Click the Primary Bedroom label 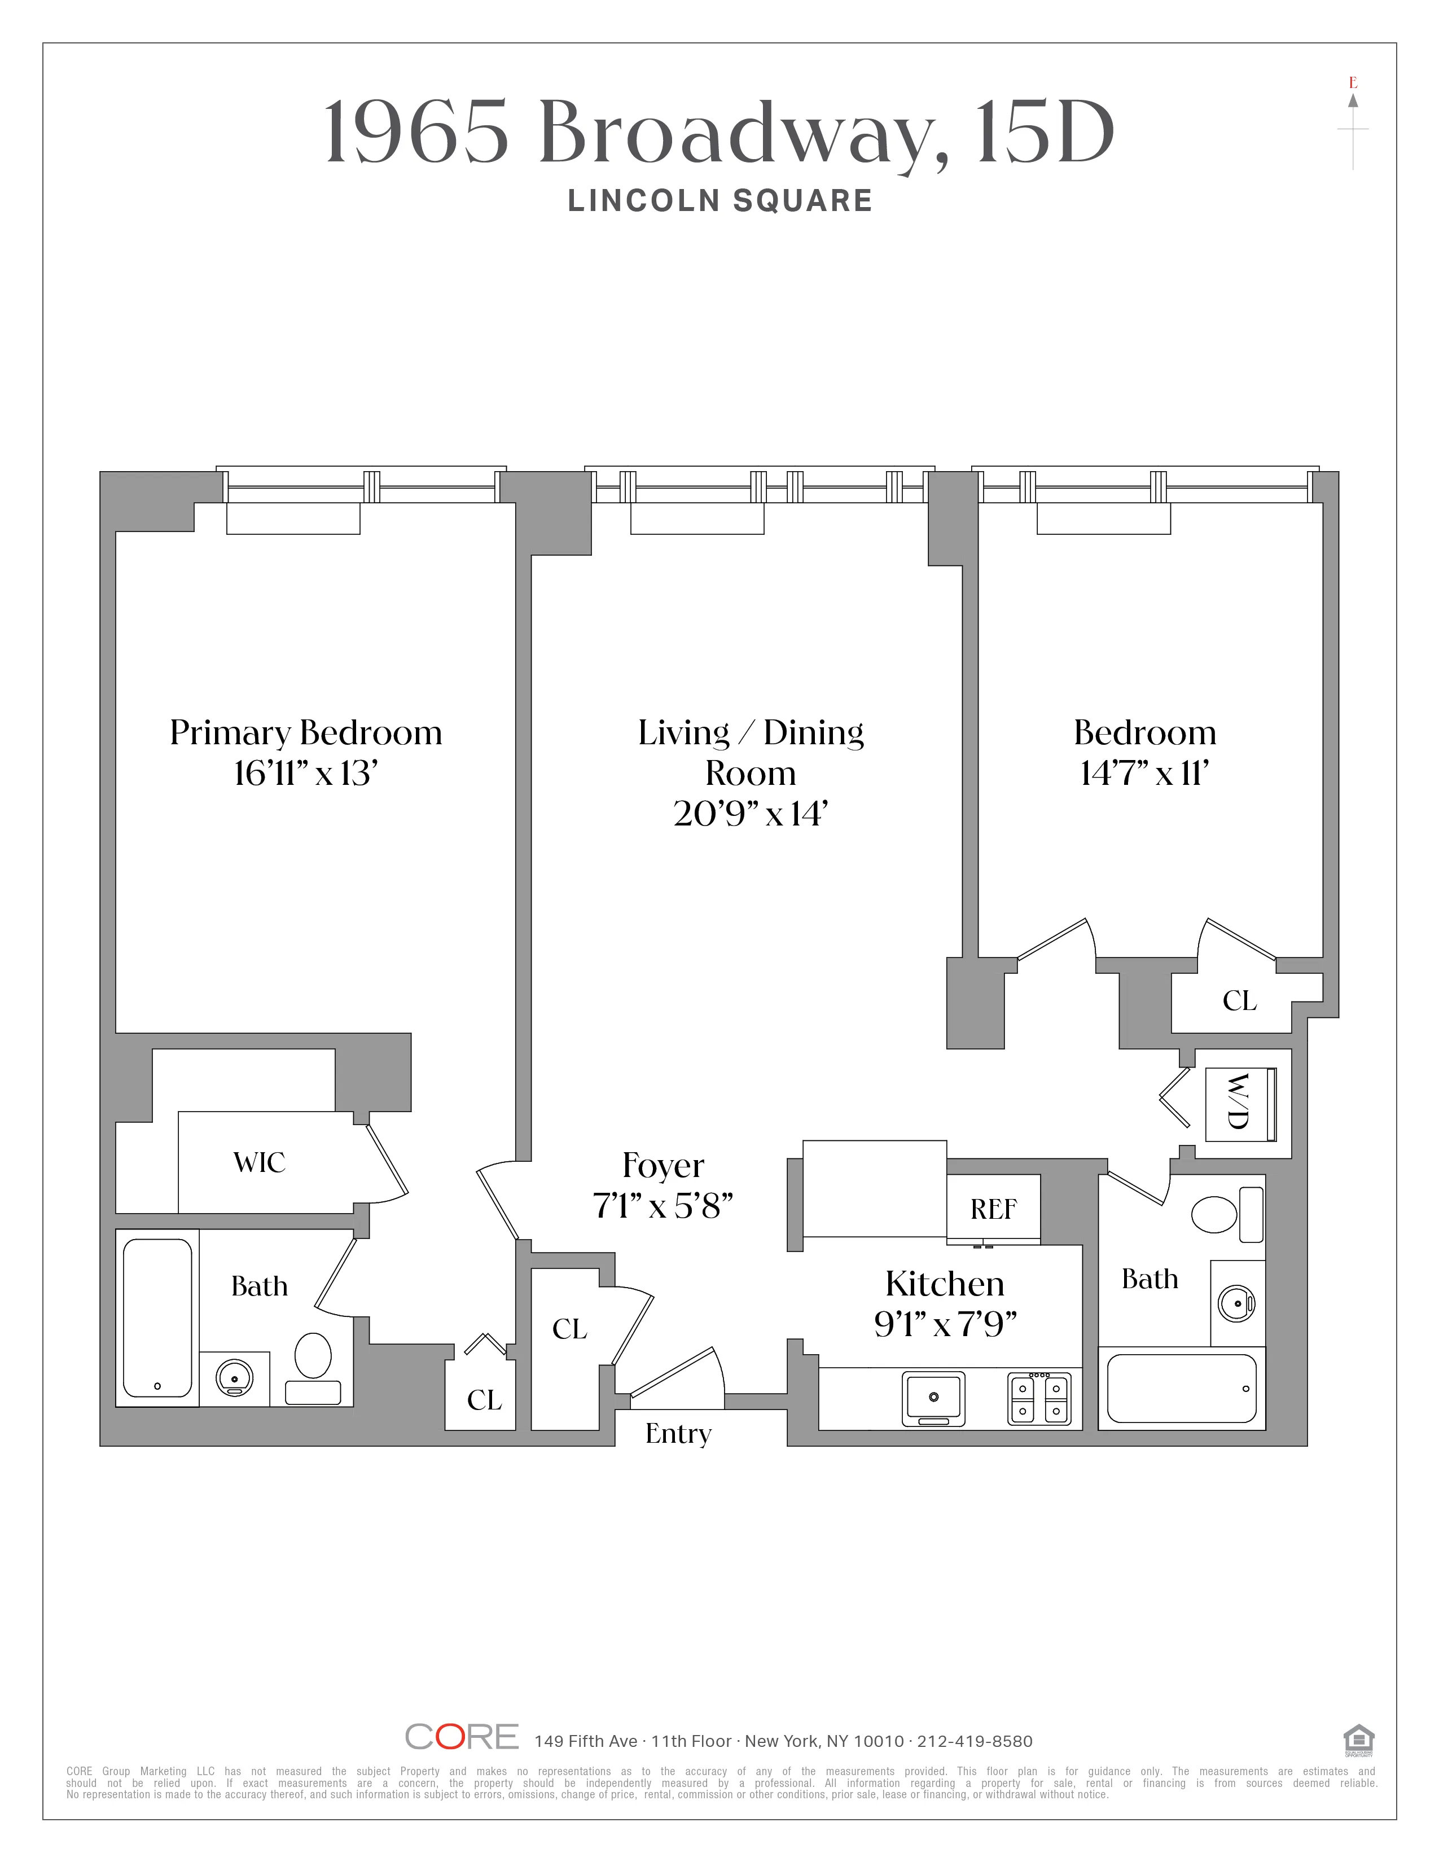305,733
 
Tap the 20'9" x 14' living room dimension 750,813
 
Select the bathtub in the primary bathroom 157,1316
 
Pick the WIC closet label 259,1162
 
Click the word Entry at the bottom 678,1433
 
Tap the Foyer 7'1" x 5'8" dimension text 663,1206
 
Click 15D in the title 1045,133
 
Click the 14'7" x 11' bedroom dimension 1144,773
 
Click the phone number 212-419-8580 975,1741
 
